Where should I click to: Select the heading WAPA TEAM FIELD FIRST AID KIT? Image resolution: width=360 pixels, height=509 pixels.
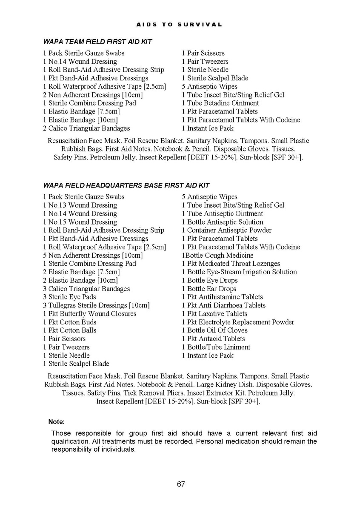[x=97, y=42]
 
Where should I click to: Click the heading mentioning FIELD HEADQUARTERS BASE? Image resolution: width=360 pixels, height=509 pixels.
[x=126, y=186]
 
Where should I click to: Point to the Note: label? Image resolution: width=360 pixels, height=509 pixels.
[x=56, y=422]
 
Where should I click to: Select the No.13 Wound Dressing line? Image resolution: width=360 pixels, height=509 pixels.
[x=80, y=205]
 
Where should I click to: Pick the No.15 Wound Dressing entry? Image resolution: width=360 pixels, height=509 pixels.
[x=80, y=222]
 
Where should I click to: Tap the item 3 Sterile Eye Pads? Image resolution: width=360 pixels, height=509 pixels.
[x=69, y=297]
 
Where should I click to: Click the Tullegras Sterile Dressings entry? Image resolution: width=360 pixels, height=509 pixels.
[x=96, y=305]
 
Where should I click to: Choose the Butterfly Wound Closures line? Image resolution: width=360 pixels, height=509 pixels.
[x=89, y=314]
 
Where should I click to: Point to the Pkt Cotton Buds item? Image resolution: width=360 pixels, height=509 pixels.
[x=69, y=322]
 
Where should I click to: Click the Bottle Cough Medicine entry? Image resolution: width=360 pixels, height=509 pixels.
[x=217, y=256]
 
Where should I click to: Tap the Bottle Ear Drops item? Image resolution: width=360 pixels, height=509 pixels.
[x=209, y=289]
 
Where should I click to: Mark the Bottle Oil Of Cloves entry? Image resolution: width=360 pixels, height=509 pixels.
[x=214, y=330]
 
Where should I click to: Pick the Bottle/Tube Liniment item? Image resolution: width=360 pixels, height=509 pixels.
[x=216, y=347]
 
